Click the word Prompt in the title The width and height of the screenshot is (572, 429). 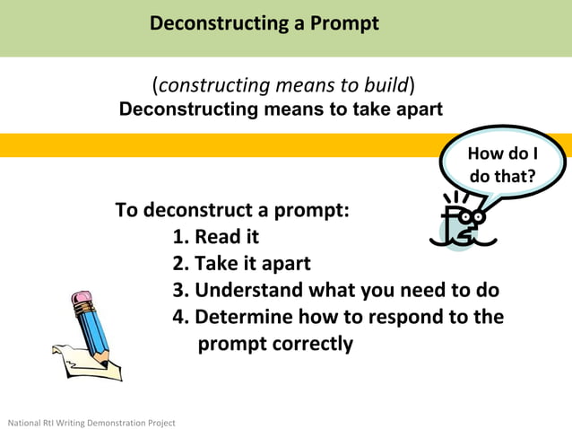pyautogui.click(x=343, y=23)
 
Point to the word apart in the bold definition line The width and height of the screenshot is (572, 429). pyautogui.click(x=412, y=109)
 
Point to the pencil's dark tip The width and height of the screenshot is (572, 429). pyautogui.click(x=107, y=363)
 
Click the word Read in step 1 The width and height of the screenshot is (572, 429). pyautogui.click(x=215, y=238)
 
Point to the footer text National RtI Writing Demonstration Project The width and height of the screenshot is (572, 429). pyautogui.click(x=91, y=422)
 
